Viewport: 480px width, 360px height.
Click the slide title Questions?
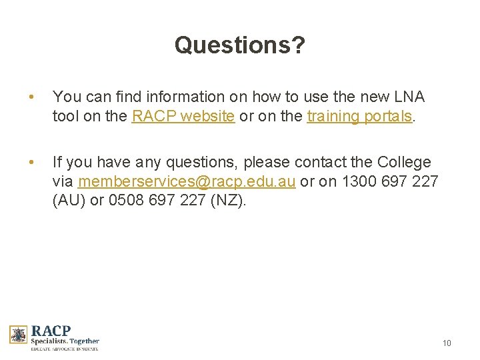point(240,45)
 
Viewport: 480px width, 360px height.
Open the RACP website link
point(183,116)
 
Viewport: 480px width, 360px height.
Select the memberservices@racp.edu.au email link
point(187,181)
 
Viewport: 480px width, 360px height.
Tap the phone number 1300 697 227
point(389,181)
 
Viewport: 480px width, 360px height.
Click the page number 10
point(447,343)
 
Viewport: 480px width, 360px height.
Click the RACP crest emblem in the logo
point(18,335)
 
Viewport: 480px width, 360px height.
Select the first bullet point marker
point(29,97)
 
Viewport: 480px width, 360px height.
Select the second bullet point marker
point(29,163)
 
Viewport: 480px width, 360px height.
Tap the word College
point(404,162)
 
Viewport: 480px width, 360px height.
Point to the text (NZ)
point(228,200)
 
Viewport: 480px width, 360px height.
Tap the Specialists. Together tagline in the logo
point(65,341)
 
